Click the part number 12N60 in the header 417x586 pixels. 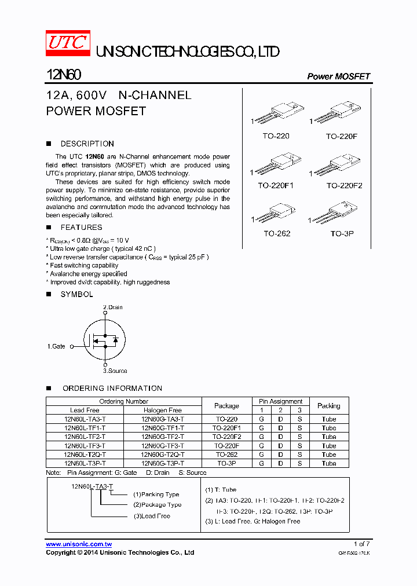63,75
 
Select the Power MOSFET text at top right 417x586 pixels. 338,76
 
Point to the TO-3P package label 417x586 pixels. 342,233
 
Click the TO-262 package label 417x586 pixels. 277,233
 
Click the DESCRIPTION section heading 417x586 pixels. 87,144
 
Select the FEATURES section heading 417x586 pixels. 81,228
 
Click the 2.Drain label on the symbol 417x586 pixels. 113,307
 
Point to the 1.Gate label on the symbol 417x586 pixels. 56,346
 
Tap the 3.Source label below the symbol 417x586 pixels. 115,371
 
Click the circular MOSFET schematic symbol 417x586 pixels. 105,339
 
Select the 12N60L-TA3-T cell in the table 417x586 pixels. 85,419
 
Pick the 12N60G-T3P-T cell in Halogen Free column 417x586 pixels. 163,463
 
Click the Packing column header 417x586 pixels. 329,406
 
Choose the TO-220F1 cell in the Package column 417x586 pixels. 226,428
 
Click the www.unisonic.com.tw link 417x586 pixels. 79,544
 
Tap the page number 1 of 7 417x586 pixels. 361,544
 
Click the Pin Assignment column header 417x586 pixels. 280,401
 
